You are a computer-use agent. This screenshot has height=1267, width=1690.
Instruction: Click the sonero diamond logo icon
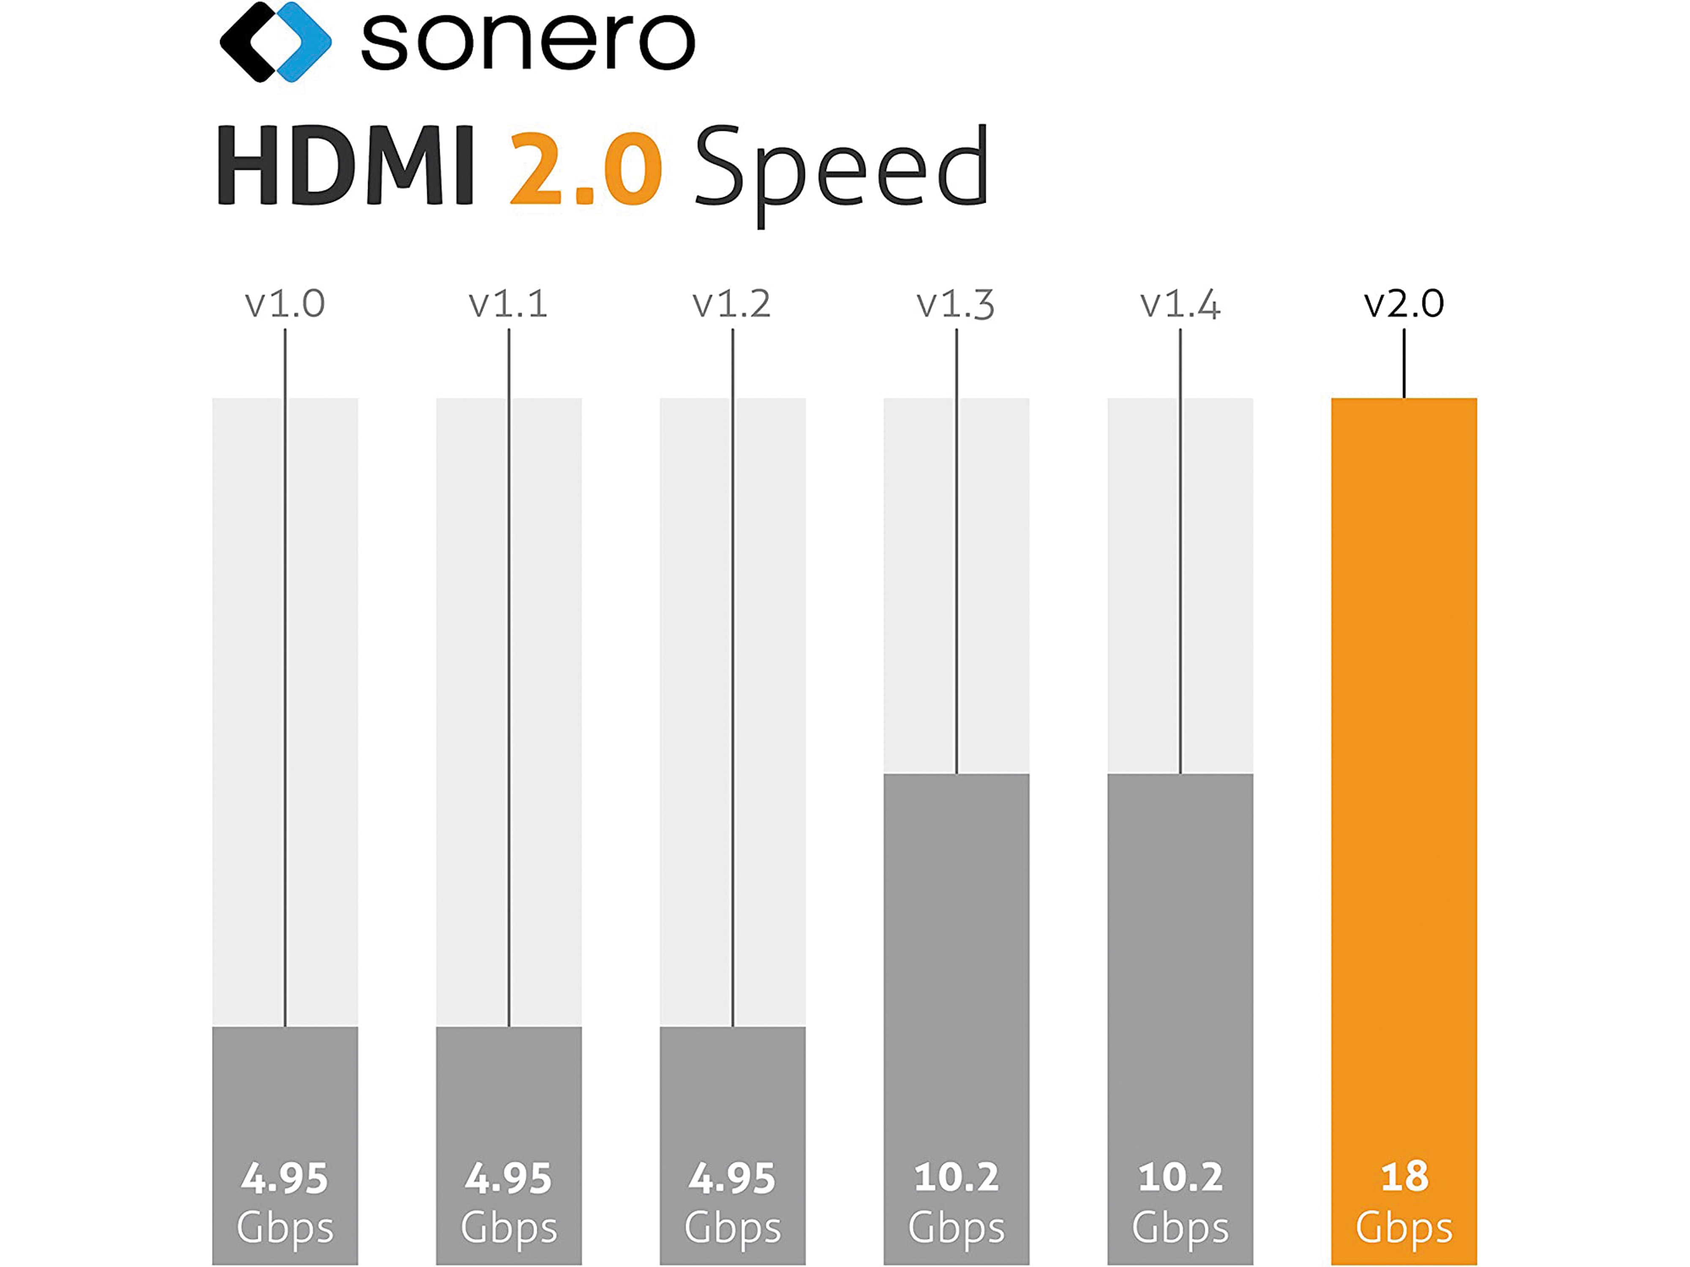pos(275,41)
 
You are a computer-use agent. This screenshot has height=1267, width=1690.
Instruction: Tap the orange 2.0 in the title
pos(584,168)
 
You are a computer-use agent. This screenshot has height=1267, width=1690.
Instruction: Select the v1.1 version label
pos(508,304)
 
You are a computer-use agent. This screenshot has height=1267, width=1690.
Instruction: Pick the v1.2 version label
pos(732,304)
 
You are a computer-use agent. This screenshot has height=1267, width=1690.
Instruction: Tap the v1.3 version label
pos(956,304)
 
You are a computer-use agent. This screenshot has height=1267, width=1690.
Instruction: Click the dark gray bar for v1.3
pos(956,954)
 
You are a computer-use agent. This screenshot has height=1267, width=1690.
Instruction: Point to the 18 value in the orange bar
pos(1404,1177)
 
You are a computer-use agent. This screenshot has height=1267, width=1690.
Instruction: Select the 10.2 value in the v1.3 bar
pos(956,1177)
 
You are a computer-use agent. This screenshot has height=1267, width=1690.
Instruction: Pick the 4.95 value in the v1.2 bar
pos(732,1178)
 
